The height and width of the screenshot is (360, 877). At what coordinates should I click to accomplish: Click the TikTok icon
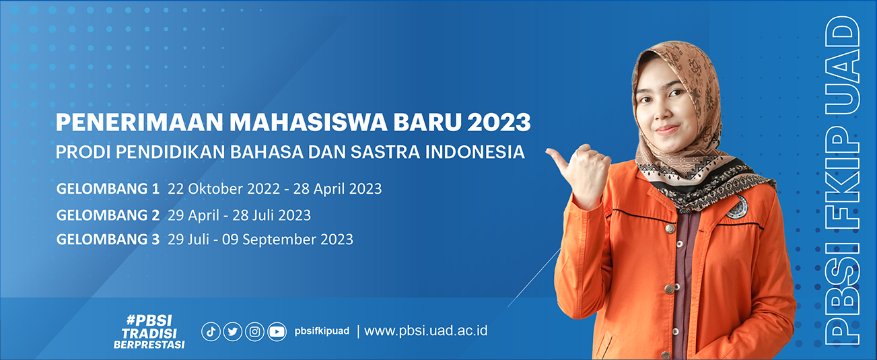point(211,332)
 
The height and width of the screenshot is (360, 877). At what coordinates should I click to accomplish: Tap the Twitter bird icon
point(233,332)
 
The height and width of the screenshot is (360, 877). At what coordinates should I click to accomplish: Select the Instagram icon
point(254,332)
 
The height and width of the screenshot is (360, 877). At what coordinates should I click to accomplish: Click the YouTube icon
point(277,332)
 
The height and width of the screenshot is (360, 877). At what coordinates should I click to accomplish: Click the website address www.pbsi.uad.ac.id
point(426,331)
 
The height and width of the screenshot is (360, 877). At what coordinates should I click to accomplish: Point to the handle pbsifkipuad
point(322,331)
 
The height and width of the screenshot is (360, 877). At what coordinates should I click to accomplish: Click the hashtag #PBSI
point(149,320)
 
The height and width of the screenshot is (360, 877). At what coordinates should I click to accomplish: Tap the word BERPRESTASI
point(149,345)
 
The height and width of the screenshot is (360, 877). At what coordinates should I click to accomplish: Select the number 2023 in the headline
point(499,122)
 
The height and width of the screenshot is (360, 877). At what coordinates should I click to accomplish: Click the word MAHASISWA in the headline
point(308,122)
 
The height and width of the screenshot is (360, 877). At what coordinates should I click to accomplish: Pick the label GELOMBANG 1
point(108,188)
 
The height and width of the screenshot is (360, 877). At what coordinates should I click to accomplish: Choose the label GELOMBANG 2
point(108,215)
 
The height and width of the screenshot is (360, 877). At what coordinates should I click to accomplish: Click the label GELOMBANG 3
point(108,239)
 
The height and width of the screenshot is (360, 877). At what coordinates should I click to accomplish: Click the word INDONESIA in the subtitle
point(475,152)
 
